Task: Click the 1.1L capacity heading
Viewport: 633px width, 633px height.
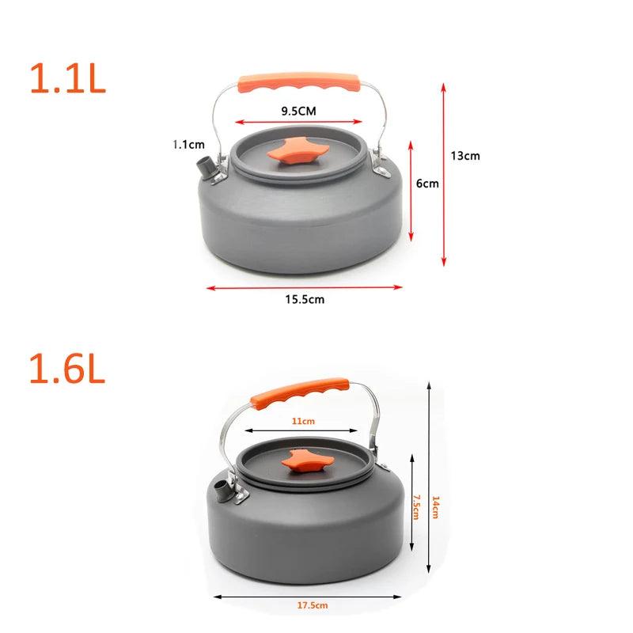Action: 68,78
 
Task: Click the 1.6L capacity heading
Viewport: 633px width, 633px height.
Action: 67,368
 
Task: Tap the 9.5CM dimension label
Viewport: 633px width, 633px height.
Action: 299,111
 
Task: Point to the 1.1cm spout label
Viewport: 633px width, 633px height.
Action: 188,144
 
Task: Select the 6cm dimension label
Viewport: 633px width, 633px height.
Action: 427,184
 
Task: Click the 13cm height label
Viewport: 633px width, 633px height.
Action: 465,156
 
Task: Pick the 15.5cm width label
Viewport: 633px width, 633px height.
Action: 305,300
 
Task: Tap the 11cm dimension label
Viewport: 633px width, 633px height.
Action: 303,421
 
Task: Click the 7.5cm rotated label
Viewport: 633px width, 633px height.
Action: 416,507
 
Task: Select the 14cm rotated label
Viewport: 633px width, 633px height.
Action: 435,507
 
